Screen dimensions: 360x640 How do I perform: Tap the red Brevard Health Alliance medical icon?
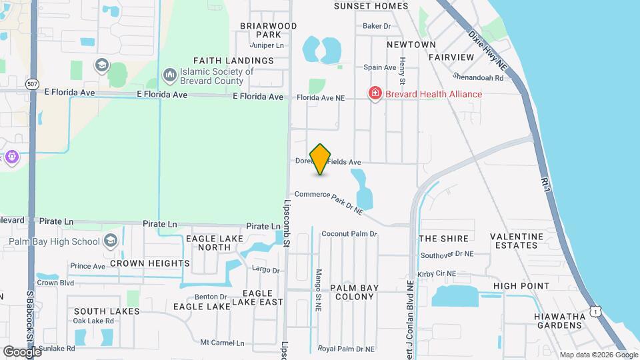click(x=375, y=94)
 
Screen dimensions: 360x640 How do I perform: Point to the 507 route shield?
click(x=32, y=84)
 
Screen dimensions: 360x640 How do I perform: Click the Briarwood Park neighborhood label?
click(x=268, y=30)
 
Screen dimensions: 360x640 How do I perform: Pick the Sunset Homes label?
click(x=371, y=6)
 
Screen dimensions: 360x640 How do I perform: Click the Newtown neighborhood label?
click(x=411, y=45)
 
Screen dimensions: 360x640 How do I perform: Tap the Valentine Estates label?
click(x=517, y=241)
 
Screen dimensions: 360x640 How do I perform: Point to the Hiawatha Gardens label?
click(x=559, y=320)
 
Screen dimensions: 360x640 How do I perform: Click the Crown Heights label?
click(x=149, y=263)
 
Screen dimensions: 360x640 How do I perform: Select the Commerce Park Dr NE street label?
click(x=329, y=201)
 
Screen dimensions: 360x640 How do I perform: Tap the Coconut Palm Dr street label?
click(x=349, y=234)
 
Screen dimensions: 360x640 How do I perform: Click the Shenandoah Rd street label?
click(x=477, y=77)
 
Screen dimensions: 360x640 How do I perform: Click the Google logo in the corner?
click(x=22, y=351)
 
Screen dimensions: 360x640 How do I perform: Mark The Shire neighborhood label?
click(x=443, y=239)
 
